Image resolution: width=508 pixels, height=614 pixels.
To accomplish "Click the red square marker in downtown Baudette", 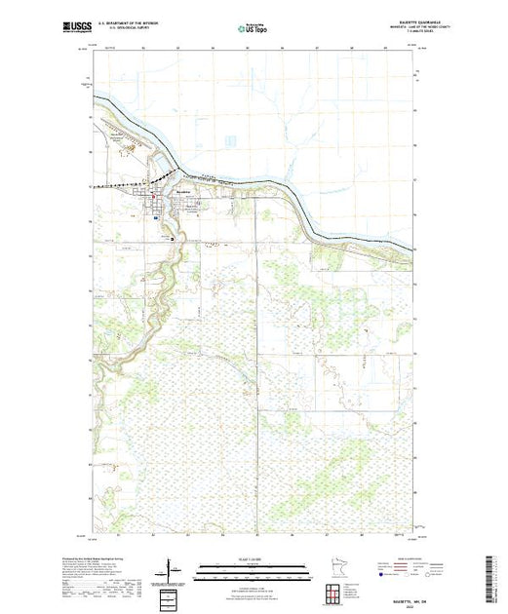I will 155,207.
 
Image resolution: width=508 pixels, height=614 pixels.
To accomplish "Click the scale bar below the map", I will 253,566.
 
